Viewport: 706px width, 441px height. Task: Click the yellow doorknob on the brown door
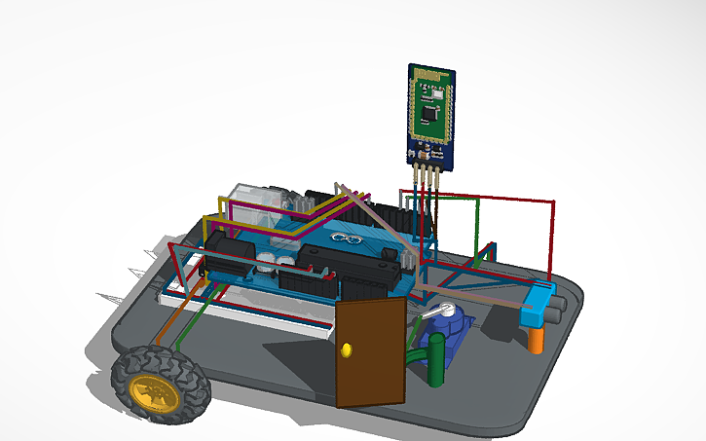[x=348, y=349]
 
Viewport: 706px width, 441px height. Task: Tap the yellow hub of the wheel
[x=156, y=393]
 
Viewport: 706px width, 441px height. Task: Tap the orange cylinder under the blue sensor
[x=536, y=340]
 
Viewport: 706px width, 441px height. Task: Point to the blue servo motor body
[x=458, y=336]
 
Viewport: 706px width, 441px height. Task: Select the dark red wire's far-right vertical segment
[x=553, y=239]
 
